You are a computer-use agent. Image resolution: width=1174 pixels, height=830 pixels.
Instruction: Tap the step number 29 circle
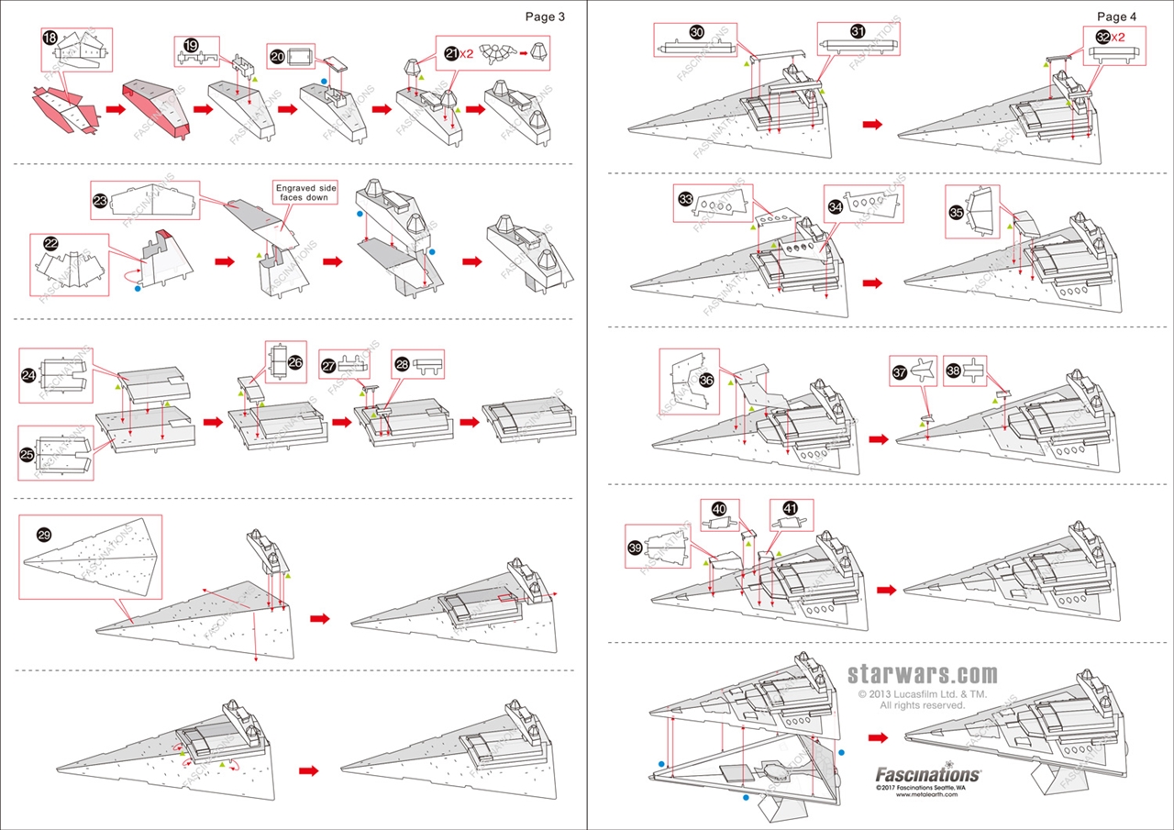tap(43, 534)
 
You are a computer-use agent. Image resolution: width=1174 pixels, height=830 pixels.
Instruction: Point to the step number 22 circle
tap(50, 244)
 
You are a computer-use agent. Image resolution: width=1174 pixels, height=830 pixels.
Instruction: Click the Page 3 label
tap(545, 17)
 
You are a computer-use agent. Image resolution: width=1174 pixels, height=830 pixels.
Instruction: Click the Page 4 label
tap(1116, 17)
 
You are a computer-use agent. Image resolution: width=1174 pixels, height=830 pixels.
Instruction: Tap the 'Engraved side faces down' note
tap(306, 193)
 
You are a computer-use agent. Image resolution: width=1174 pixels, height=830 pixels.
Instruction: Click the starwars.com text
tap(922, 676)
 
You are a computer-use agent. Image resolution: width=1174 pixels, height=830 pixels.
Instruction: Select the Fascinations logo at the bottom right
tap(927, 774)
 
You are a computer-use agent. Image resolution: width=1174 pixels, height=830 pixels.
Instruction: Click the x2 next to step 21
tap(466, 54)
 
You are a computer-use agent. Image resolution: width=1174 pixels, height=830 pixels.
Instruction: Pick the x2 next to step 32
tap(1119, 37)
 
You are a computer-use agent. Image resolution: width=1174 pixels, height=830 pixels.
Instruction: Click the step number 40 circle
tap(718, 508)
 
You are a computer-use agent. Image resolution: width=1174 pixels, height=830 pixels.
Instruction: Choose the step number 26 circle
tap(295, 362)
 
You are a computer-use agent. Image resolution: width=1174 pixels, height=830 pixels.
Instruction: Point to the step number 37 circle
tap(899, 372)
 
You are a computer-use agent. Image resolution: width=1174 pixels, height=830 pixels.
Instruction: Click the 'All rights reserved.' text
tap(922, 705)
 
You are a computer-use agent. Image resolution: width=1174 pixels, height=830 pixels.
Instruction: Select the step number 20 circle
tap(277, 55)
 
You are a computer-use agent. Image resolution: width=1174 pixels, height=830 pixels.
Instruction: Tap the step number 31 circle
tap(858, 31)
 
